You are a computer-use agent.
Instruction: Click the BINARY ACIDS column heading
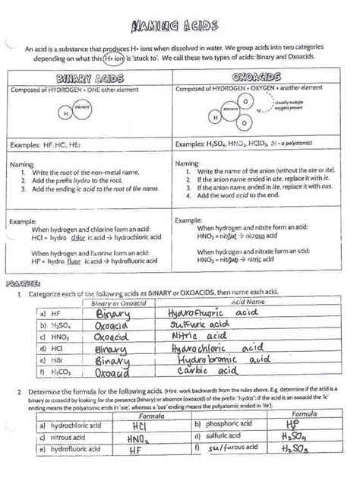tap(90, 79)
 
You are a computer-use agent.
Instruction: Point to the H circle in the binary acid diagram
tap(66, 115)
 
